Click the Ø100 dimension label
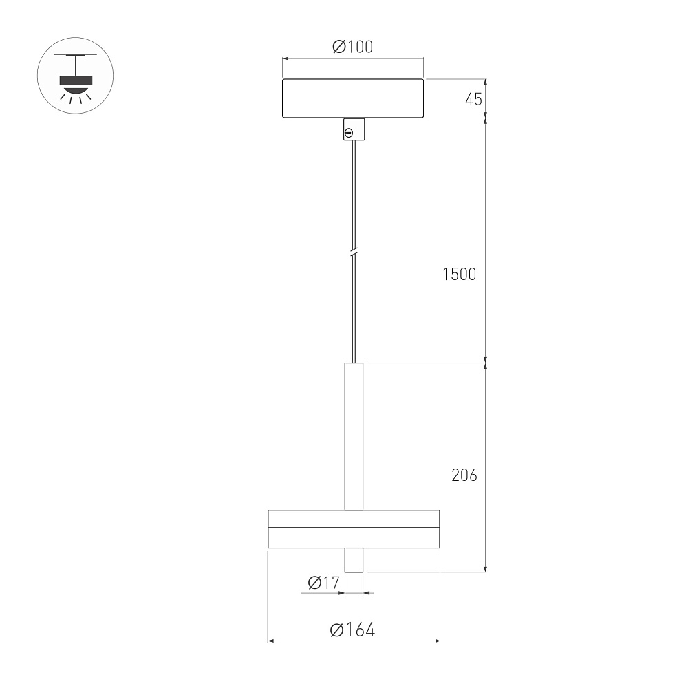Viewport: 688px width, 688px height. pos(353,47)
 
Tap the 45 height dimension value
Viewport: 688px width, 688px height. pos(473,100)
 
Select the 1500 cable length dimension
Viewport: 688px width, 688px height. pos(459,275)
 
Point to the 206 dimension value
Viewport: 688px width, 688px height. pos(464,475)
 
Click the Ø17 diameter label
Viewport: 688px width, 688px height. pos(324,583)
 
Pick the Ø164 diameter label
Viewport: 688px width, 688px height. pos(352,630)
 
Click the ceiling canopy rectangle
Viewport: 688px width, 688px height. pos(353,98)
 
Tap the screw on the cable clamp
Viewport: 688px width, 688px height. pos(349,133)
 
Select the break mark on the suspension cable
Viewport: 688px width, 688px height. pos(354,253)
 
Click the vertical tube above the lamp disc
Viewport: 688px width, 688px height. pos(354,436)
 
